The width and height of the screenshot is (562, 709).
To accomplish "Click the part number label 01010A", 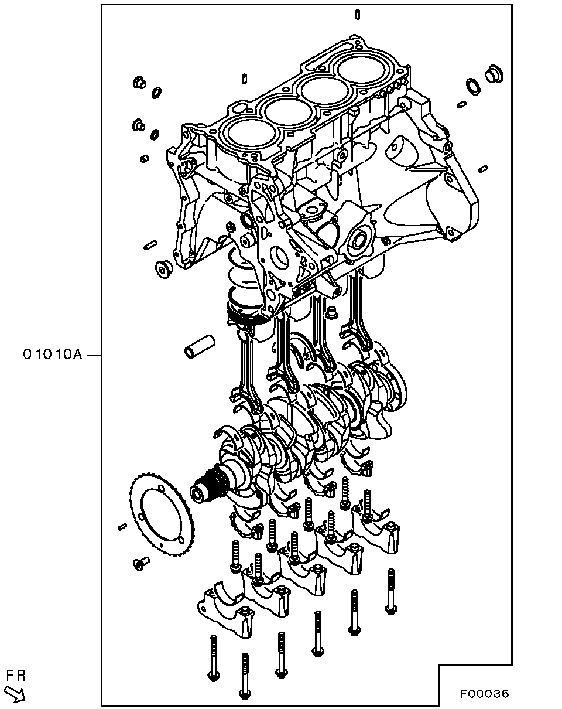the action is (52, 354).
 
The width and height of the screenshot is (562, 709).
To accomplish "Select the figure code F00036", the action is (485, 693).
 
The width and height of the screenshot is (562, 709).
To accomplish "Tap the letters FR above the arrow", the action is (16, 676).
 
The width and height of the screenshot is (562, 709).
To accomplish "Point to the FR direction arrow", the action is (15, 693).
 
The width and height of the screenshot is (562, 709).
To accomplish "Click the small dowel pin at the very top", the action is (358, 15).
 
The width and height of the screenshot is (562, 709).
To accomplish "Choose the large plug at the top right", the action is (494, 73).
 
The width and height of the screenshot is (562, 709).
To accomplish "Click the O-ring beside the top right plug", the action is (473, 86).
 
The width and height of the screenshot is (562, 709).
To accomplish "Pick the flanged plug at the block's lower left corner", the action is (164, 270).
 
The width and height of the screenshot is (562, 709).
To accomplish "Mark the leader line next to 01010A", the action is (95, 356).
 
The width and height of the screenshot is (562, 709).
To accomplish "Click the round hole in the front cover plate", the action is (279, 255).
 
